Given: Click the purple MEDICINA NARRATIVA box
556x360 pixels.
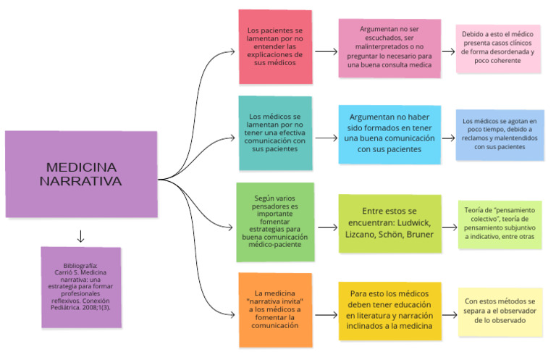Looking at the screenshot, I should click(x=81, y=174).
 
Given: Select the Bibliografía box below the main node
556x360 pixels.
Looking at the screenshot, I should click(x=80, y=288).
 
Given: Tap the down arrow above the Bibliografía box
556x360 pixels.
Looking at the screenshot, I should click(x=80, y=236).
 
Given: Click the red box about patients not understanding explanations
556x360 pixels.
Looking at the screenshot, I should click(x=275, y=47).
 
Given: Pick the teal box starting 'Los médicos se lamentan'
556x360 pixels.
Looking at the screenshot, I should click(x=275, y=133).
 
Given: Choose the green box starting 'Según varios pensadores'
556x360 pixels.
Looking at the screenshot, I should click(x=275, y=222).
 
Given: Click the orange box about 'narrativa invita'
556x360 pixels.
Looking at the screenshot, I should click(x=275, y=310).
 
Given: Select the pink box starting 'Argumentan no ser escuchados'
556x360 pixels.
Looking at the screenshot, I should click(x=389, y=48).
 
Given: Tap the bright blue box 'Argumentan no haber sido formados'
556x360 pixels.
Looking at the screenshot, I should click(x=389, y=133).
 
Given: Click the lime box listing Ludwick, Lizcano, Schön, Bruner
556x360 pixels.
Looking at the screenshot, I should click(x=389, y=222).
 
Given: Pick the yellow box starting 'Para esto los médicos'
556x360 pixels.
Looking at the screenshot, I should click(x=389, y=311).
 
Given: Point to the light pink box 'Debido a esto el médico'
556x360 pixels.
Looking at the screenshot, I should click(x=498, y=48).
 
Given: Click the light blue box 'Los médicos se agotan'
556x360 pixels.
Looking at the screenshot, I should click(x=500, y=134).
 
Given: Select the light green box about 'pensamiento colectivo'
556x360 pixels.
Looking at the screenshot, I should click(x=500, y=225).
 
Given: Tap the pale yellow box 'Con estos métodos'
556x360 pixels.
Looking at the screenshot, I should click(x=500, y=311).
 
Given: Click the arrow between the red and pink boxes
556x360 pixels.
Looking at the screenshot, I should click(x=326, y=51).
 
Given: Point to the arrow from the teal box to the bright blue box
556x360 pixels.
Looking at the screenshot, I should click(x=326, y=138).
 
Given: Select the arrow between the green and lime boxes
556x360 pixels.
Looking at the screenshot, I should click(x=326, y=227).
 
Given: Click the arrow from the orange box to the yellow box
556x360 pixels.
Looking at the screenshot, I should click(x=326, y=315).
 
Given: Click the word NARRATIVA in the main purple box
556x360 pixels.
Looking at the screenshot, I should click(x=81, y=181).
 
